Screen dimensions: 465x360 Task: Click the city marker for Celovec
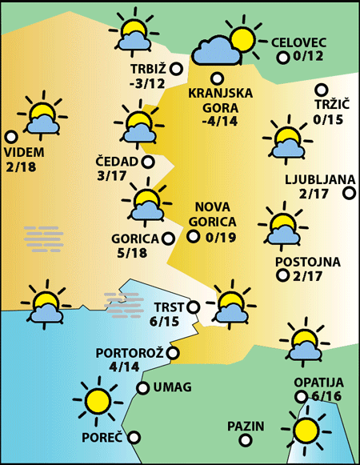click(x=282, y=58)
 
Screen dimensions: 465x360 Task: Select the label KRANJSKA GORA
click(x=220, y=100)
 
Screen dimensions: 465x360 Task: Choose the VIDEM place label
click(x=24, y=153)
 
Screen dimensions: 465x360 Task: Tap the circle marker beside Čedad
click(x=148, y=162)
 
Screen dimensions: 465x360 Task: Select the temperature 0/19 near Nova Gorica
click(x=219, y=237)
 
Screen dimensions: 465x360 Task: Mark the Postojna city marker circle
click(x=282, y=276)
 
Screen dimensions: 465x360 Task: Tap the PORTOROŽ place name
click(x=129, y=353)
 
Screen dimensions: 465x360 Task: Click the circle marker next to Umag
click(x=142, y=388)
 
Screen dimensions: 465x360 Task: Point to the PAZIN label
click(x=245, y=426)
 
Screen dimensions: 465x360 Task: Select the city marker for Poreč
click(x=134, y=437)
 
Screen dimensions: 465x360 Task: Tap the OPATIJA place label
click(x=318, y=382)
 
